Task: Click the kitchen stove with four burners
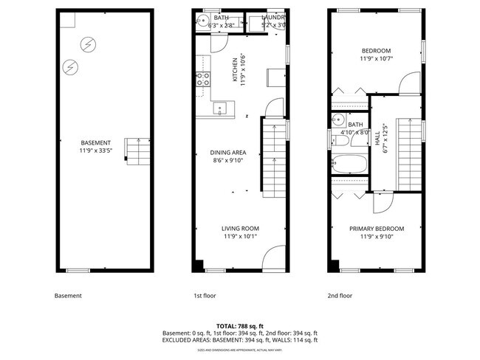tap(202, 79)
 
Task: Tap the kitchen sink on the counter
tap(219, 109)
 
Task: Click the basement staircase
tap(135, 150)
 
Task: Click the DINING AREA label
tap(228, 153)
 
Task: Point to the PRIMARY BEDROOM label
tap(377, 229)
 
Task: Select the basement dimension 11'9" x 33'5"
tap(96, 150)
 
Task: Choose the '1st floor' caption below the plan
tap(205, 296)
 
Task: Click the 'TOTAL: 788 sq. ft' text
tap(239, 326)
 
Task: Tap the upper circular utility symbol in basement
tap(88, 44)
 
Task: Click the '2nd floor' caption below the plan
tap(340, 296)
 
